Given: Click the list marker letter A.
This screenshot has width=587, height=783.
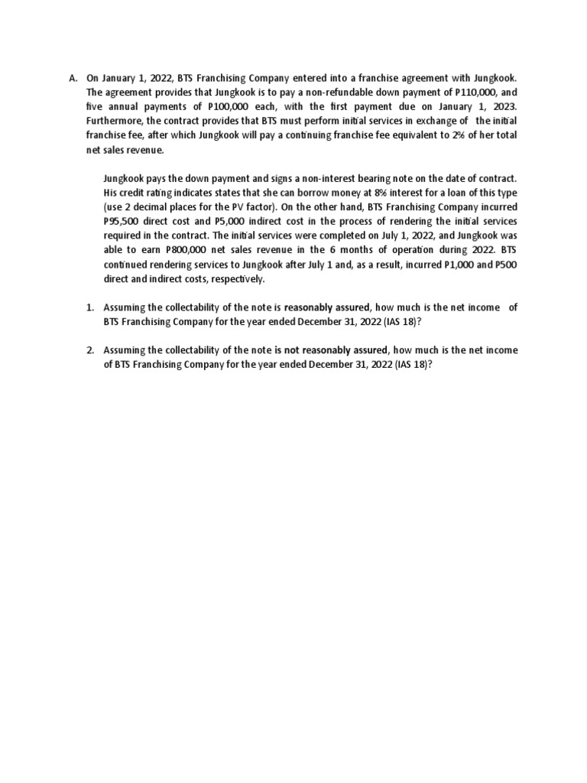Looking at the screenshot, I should pyautogui.click(x=73, y=78).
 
